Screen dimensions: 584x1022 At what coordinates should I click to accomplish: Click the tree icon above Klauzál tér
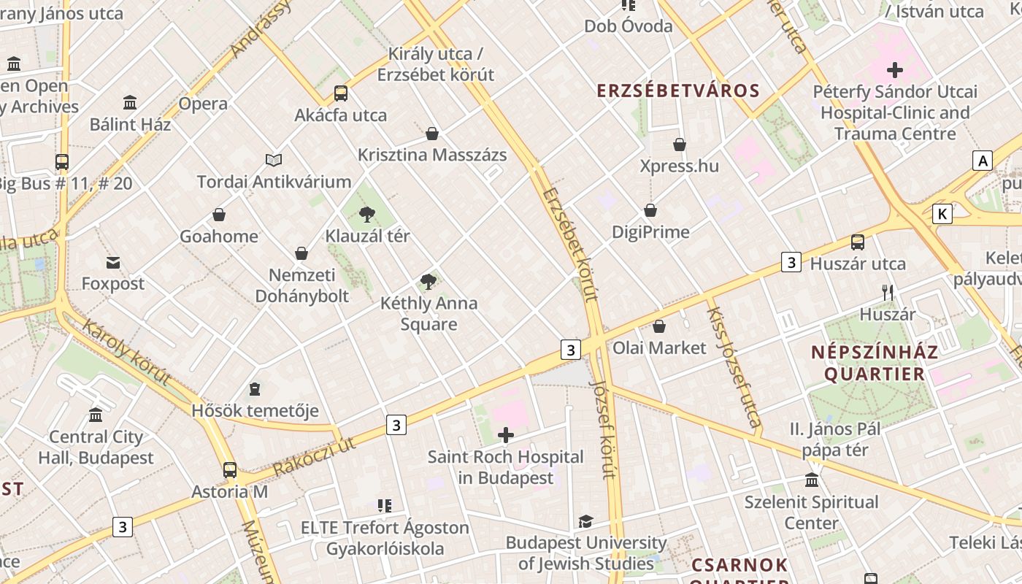(367, 214)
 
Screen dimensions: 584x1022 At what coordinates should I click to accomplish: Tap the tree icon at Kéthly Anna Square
(429, 281)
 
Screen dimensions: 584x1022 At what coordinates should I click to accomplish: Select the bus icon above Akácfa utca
(341, 93)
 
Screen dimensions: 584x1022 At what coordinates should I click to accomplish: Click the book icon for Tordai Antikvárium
(274, 160)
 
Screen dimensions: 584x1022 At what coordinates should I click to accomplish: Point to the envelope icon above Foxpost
(113, 262)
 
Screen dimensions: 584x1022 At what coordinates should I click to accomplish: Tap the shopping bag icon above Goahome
(219, 215)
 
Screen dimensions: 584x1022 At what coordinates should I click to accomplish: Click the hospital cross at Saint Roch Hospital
(505, 436)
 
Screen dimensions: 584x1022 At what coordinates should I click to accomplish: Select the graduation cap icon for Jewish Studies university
(585, 521)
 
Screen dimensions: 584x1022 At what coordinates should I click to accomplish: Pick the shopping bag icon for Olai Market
(659, 326)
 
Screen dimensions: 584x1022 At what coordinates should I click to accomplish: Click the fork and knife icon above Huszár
(888, 293)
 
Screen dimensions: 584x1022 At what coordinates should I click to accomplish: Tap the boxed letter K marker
(943, 214)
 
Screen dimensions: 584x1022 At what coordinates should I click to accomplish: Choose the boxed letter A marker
(983, 161)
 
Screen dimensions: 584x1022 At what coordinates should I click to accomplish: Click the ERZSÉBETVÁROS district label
(678, 91)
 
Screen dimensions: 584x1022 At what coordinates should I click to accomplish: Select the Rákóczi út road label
(314, 456)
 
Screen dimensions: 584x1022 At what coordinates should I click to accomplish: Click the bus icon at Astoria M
(230, 469)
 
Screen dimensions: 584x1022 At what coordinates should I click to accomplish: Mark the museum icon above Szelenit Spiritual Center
(812, 480)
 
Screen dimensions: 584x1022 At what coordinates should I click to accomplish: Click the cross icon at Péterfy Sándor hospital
(895, 70)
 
